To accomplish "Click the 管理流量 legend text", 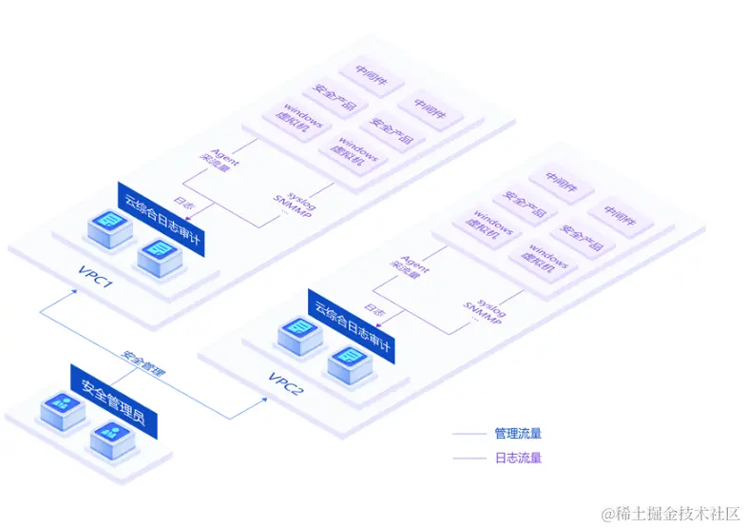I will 518,434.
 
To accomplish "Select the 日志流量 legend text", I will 518,458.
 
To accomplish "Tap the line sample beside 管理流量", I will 469,434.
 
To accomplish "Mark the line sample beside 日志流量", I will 469,458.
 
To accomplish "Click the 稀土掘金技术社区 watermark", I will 669,513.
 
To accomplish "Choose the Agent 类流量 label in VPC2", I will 410,268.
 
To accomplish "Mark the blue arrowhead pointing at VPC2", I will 262,400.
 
